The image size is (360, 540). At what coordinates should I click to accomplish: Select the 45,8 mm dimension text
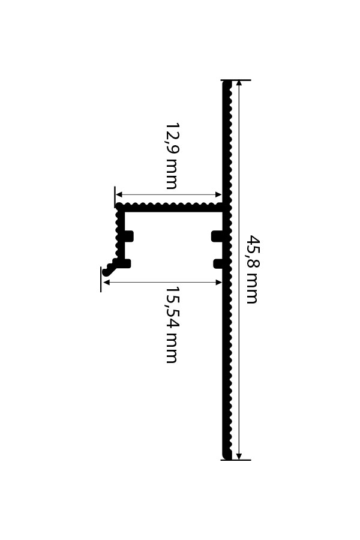point(253,269)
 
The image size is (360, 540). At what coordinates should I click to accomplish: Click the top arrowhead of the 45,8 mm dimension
point(239,83)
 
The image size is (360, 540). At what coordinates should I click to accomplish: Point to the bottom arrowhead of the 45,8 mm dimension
point(239,456)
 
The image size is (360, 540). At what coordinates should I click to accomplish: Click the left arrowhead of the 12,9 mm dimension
point(119,194)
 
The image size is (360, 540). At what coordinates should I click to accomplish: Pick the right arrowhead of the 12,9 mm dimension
point(218,194)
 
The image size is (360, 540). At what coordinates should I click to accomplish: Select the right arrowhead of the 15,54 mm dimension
point(218,283)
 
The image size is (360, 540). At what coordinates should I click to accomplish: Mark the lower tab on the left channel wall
point(127,263)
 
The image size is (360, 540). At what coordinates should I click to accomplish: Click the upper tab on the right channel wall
point(217,236)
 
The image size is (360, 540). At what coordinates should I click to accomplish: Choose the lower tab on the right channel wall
point(218,264)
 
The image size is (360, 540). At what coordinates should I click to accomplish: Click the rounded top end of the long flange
point(226,83)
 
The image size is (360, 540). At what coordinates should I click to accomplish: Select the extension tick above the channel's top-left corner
point(115,197)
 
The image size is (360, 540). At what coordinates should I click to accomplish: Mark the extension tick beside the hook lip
point(101,279)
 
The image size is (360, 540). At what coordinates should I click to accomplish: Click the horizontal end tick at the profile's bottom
point(236,460)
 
